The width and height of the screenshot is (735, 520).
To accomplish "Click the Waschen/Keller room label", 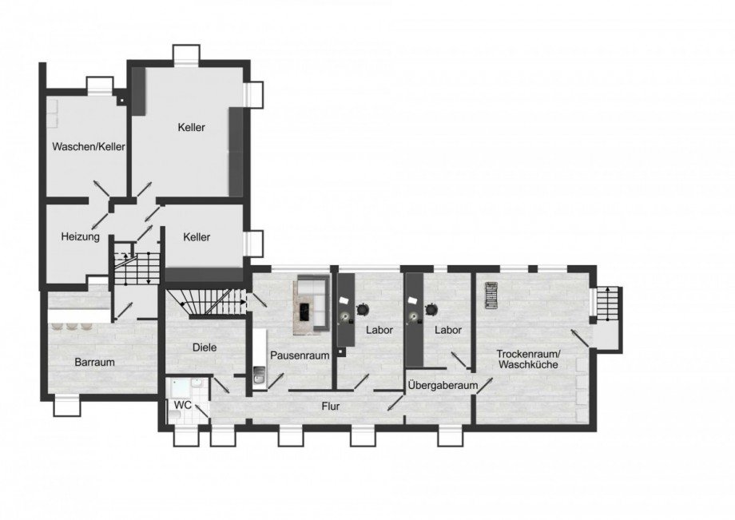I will [x=89, y=148].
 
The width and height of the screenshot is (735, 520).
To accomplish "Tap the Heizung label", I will [x=80, y=237].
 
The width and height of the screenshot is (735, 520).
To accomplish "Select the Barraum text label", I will [x=95, y=362].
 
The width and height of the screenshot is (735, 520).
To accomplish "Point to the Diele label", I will [x=205, y=347].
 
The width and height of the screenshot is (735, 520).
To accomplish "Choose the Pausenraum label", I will [x=299, y=355].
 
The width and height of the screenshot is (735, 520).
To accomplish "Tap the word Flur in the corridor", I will [x=331, y=406].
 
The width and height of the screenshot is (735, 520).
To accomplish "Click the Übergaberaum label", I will [x=442, y=386].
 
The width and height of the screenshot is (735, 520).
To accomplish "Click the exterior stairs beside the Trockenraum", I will [x=607, y=304].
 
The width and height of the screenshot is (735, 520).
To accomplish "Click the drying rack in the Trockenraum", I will [x=491, y=295].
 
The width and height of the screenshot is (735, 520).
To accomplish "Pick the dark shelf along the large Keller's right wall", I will [x=236, y=152].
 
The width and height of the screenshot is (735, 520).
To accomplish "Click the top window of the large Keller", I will [x=188, y=56].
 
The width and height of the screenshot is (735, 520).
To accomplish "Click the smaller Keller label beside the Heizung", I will [x=196, y=237].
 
